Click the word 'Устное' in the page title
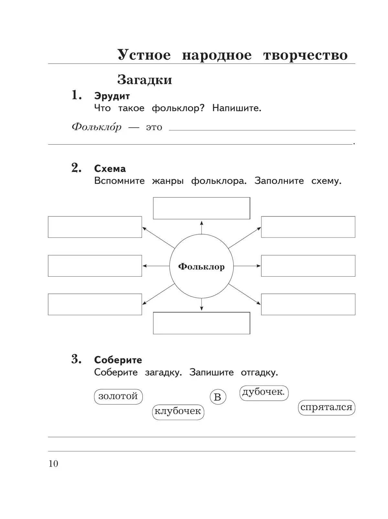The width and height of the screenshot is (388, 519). (x=144, y=55)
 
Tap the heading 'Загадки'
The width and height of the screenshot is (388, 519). (x=145, y=80)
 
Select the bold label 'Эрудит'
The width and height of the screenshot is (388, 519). (x=112, y=96)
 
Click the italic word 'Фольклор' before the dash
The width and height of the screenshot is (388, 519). (x=96, y=127)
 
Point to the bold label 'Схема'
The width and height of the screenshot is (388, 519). (x=110, y=169)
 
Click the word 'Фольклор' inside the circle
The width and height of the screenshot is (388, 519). (x=201, y=267)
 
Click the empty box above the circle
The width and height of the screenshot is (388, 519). (x=201, y=208)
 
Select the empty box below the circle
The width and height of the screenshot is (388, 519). (x=201, y=323)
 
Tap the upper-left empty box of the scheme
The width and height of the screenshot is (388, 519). (x=95, y=227)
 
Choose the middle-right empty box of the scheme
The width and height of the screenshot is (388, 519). (x=308, y=266)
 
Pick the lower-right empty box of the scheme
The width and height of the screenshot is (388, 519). (x=308, y=304)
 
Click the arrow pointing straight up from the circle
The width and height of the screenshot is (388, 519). (x=201, y=227)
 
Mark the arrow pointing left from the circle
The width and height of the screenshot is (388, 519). (x=156, y=266)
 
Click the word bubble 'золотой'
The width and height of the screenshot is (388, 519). (x=118, y=396)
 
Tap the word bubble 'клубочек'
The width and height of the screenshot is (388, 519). (x=178, y=412)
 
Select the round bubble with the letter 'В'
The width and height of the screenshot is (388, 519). (x=218, y=397)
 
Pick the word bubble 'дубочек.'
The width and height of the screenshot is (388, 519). (x=264, y=392)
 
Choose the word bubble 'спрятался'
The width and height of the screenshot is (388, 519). (x=326, y=407)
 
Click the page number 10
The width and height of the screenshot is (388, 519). (x=53, y=464)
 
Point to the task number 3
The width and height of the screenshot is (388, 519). (x=76, y=359)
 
